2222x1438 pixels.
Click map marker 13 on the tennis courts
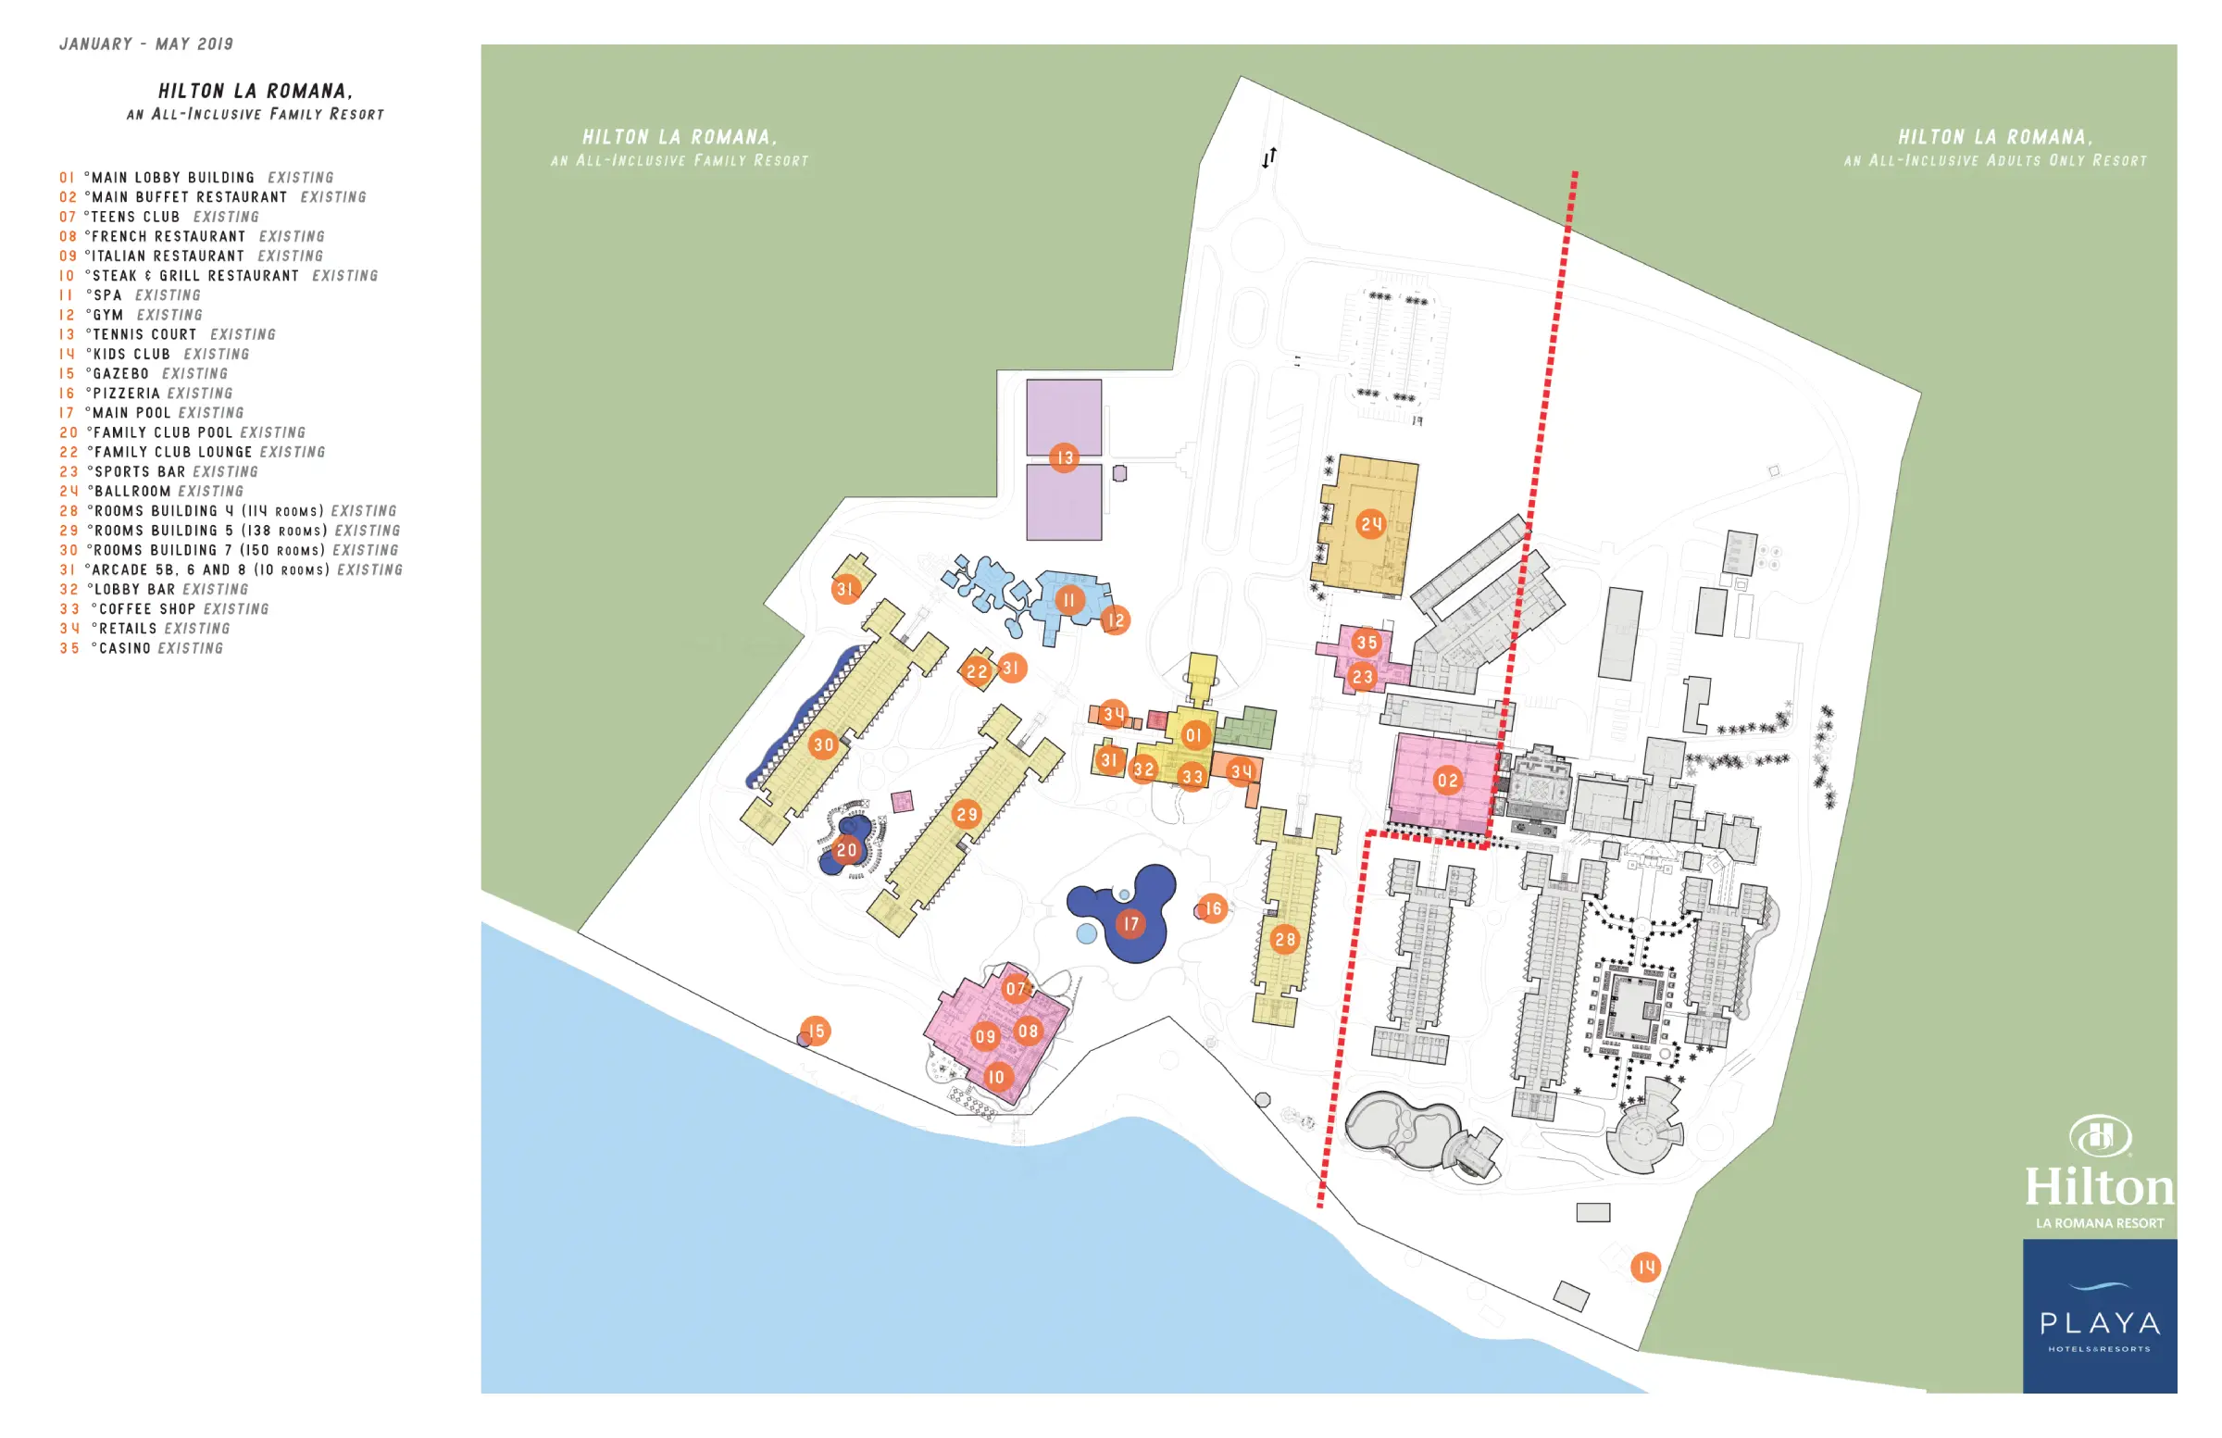coord(1064,457)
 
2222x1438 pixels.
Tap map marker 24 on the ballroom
coord(1370,524)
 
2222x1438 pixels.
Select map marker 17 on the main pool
coord(1130,923)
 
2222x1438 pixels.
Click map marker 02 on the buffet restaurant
coord(1447,780)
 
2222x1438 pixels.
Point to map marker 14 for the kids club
coord(1645,1266)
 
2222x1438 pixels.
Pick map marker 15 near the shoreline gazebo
coord(816,1031)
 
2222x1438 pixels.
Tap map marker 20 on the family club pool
coord(847,850)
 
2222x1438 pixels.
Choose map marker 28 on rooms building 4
coord(1285,939)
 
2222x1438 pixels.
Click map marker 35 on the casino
coord(1367,642)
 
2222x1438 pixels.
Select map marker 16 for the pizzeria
coord(1213,907)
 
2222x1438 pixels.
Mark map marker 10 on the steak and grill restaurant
coord(996,1077)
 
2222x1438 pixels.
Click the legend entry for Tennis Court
coord(169,334)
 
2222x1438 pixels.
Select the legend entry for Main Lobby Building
coord(196,178)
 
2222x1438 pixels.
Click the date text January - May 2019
coord(146,44)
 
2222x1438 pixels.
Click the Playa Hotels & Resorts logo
coord(2099,1317)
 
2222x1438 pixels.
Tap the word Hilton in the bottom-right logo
coord(2099,1187)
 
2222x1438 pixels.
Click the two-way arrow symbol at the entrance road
coord(1268,157)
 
